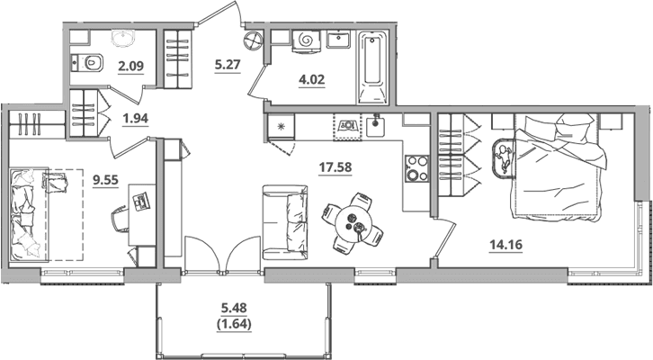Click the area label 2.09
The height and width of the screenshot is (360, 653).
click(x=130, y=66)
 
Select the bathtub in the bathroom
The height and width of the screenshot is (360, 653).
click(x=372, y=67)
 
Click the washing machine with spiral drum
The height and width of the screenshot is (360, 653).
click(x=307, y=40)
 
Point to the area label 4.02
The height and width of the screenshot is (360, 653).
click(x=311, y=79)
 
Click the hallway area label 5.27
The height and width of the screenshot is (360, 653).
click(x=228, y=66)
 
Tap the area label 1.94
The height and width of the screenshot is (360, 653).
click(x=135, y=118)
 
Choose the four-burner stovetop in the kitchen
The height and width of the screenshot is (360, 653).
click(x=416, y=168)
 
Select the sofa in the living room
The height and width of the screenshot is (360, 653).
click(x=285, y=222)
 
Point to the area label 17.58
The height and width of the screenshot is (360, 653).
click(x=335, y=167)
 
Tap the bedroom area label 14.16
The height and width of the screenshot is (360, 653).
click(x=505, y=245)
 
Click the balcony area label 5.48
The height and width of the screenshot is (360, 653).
click(x=234, y=308)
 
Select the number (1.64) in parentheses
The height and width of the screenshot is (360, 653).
click(x=234, y=324)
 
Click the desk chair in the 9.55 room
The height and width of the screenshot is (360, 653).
click(x=121, y=219)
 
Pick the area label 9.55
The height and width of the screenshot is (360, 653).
click(x=106, y=180)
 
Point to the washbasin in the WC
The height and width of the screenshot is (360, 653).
click(x=123, y=39)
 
